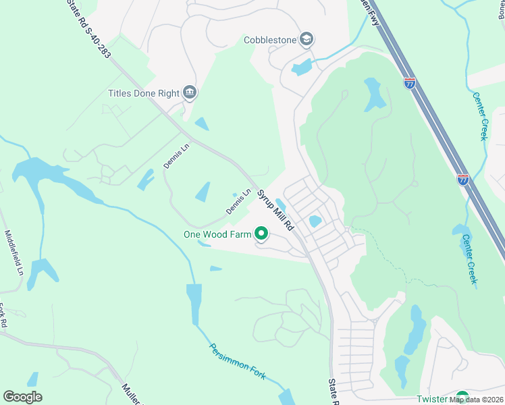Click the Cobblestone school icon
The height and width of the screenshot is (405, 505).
(307, 39)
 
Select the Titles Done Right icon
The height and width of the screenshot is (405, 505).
(190, 92)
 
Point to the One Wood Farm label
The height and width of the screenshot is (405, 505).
(217, 235)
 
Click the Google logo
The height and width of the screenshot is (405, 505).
(23, 396)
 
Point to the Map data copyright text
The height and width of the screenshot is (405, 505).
(476, 400)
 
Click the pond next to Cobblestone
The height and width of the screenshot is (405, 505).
(302, 67)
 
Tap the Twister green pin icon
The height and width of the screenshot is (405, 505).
(462, 397)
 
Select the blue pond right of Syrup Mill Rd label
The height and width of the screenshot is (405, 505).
(314, 221)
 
